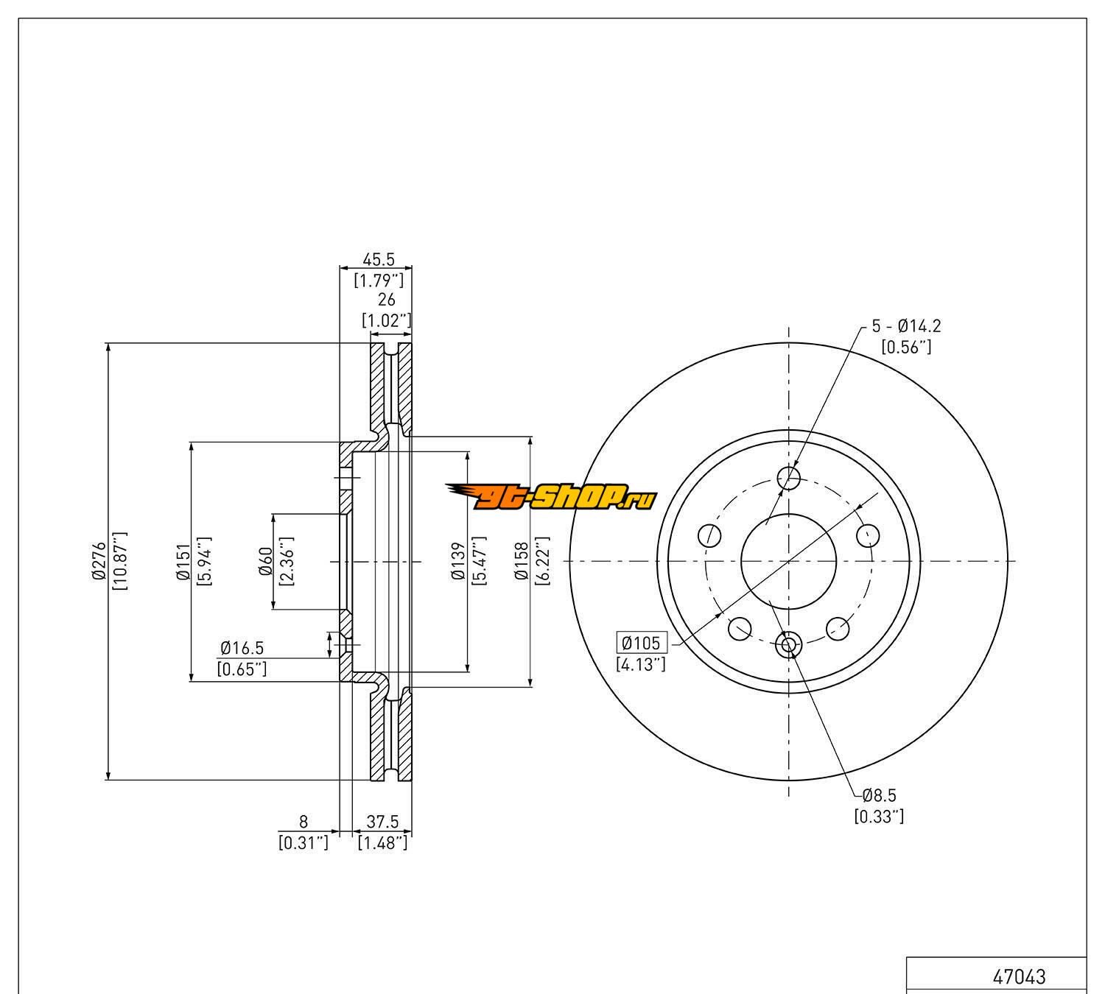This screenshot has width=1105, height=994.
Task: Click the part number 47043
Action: pos(1019,976)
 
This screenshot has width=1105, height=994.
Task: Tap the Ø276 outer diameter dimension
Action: pos(99,560)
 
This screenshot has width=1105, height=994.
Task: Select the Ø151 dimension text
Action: pos(183,560)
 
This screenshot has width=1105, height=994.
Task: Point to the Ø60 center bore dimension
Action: pos(266,561)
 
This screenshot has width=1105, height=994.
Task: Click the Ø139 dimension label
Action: pos(459,561)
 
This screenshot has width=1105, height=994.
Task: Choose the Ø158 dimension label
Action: pos(522,561)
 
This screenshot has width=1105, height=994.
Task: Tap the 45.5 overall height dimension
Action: pos(379,259)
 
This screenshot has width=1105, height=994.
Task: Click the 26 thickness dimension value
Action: pos(386,300)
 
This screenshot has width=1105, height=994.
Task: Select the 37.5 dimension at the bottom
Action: pos(382,822)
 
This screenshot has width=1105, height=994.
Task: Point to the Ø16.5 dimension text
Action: pos(242,649)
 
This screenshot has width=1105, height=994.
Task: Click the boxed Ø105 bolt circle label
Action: pos(642,643)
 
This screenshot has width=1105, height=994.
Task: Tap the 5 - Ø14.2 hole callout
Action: pos(906,326)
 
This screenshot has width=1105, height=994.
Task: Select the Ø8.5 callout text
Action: pos(879,796)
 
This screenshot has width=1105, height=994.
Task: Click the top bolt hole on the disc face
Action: pos(789,478)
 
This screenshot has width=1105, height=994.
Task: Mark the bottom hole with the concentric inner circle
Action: pos(787,646)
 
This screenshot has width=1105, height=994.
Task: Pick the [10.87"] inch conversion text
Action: pos(119,560)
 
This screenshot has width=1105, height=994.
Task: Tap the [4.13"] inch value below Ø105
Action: pos(640,664)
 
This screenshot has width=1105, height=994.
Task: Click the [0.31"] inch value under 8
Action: pos(303,842)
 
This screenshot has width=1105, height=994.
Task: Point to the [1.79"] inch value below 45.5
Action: pos(379,280)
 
